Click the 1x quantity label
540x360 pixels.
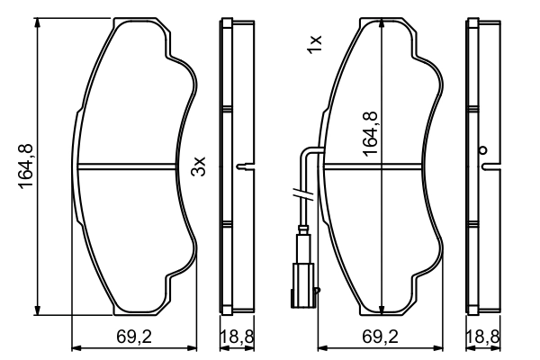314,44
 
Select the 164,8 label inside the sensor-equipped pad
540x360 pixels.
370,131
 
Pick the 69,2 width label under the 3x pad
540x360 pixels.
133,337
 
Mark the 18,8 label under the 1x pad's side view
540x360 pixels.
481,337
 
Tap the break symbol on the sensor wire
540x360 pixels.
303,193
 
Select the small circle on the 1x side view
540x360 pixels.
482,150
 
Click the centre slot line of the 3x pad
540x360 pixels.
127,165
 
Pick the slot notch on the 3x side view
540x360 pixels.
242,166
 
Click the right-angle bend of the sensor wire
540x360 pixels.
306,150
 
